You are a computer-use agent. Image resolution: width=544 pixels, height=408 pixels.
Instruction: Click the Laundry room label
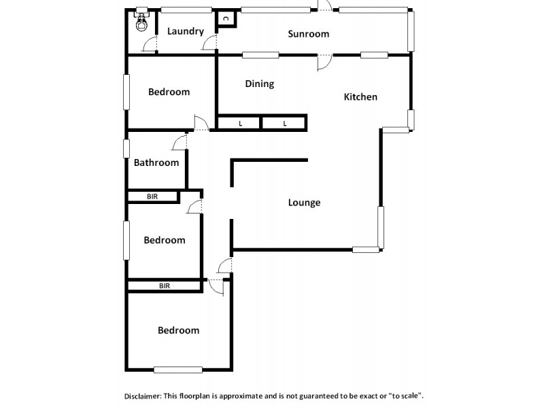pyautogui.click(x=185, y=31)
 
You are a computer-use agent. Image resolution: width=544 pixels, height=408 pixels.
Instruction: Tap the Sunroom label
pyautogui.click(x=308, y=34)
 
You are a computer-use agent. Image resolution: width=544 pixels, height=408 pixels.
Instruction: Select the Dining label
pyautogui.click(x=259, y=84)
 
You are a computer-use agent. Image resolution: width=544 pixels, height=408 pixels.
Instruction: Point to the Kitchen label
pyautogui.click(x=360, y=97)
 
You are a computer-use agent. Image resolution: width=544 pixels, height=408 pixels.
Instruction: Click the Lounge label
pyautogui.click(x=304, y=203)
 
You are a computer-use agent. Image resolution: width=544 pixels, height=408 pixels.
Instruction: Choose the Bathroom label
pyautogui.click(x=156, y=163)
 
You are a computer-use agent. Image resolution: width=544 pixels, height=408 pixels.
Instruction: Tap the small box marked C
pyautogui.click(x=225, y=19)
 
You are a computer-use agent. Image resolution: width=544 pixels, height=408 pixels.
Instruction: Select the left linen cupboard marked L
pyautogui.click(x=239, y=124)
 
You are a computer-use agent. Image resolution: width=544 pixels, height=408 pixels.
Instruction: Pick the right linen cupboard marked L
pyautogui.click(x=284, y=124)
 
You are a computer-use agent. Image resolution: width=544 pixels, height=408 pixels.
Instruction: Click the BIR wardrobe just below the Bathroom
pyautogui.click(x=153, y=197)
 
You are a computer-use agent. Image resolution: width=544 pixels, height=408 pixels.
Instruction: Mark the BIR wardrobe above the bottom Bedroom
pyautogui.click(x=164, y=286)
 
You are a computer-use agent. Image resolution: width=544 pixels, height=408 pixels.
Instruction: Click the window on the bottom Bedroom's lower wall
pyautogui.click(x=178, y=370)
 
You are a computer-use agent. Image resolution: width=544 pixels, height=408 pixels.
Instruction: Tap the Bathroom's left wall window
pyautogui.click(x=126, y=149)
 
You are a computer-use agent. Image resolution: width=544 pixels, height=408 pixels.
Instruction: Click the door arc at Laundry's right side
pyautogui.click(x=209, y=44)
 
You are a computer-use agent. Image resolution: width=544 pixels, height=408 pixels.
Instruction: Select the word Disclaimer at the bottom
pyautogui.click(x=142, y=395)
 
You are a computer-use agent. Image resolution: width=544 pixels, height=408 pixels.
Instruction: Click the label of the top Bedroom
pyautogui.click(x=169, y=92)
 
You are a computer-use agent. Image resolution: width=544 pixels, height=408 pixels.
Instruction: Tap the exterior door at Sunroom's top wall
pyautogui.click(x=326, y=6)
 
